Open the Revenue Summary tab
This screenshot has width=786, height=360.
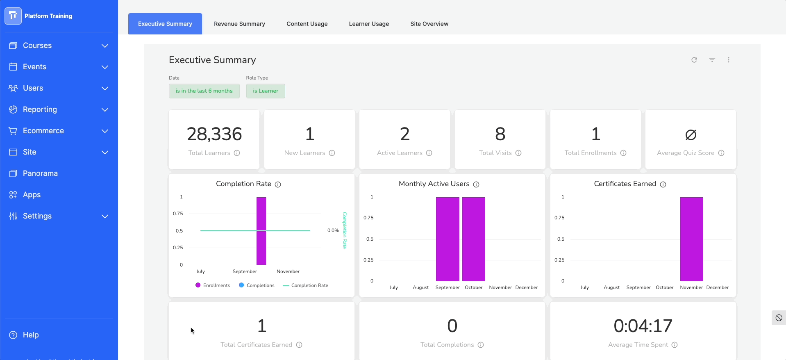coord(239,24)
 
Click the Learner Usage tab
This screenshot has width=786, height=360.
coord(369,24)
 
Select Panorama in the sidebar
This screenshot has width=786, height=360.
coord(40,173)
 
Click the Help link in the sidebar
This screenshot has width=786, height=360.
coord(30,335)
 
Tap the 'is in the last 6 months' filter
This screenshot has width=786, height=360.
coord(204,91)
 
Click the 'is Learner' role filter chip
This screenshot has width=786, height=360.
coord(266,91)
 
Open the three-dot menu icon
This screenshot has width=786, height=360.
coord(729,60)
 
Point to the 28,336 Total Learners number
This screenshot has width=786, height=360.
coord(214,134)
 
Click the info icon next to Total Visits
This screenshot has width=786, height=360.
coord(518,153)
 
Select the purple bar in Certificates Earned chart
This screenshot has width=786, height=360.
coord(691,239)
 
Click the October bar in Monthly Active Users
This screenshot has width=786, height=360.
coord(473,239)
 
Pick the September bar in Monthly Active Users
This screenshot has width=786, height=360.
coord(448,239)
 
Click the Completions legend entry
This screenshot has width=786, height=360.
coord(257,285)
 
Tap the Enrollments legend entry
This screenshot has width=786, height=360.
coord(213,285)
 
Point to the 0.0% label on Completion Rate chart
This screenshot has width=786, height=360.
coord(333,230)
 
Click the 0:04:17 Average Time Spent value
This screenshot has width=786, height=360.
coord(643,326)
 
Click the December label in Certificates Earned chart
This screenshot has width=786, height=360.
coord(718,287)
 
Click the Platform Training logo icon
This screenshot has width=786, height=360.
coord(13,16)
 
